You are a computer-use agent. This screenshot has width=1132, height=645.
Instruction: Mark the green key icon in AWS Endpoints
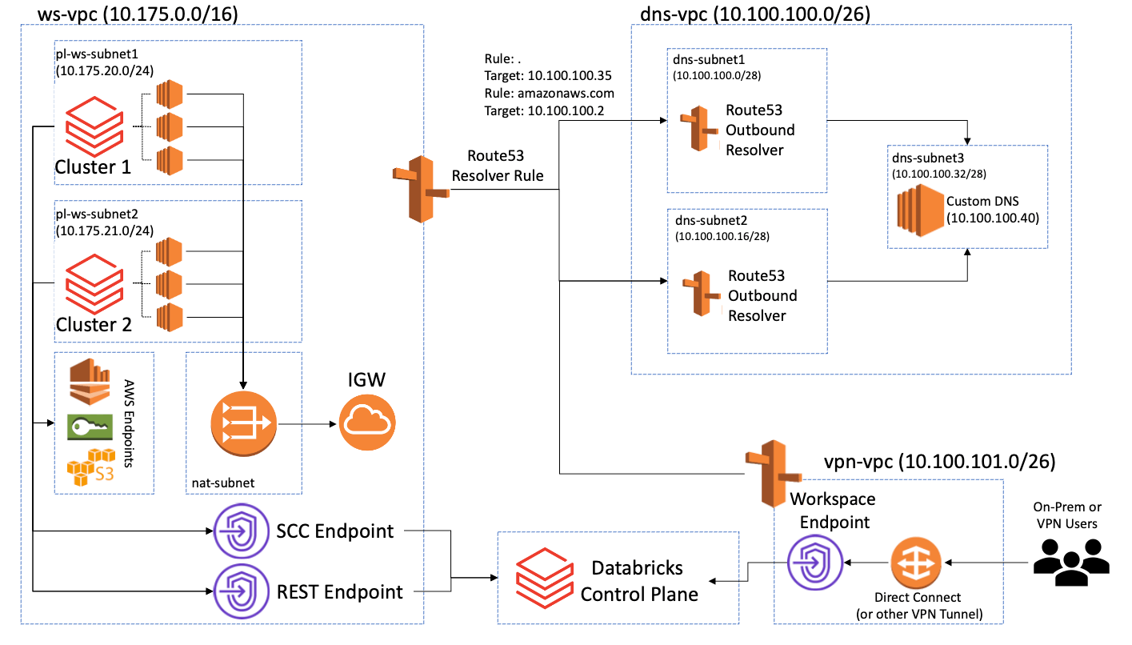tap(90, 427)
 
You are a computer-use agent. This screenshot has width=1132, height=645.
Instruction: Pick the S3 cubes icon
tap(91, 465)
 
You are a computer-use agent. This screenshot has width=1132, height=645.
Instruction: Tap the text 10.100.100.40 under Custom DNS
tap(992, 217)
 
